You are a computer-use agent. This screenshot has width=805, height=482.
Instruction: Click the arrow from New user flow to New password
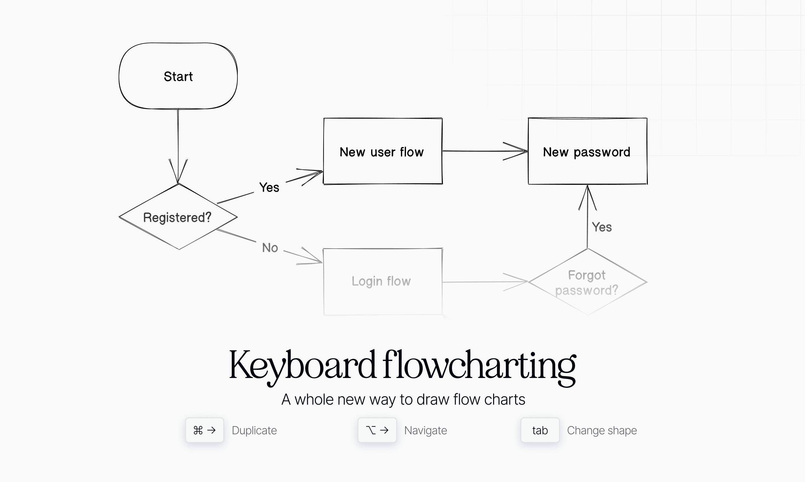(485, 151)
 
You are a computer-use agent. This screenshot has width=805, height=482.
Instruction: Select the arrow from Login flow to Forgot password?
(485, 282)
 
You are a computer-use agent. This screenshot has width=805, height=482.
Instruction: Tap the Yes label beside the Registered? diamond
(269, 187)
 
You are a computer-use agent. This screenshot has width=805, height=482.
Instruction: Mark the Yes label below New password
(602, 227)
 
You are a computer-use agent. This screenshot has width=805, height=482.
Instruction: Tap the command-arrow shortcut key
(204, 430)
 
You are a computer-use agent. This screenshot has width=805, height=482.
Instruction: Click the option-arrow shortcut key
(377, 430)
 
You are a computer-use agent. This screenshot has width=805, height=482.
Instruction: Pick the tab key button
(540, 430)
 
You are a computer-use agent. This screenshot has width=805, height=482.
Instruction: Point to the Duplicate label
(254, 431)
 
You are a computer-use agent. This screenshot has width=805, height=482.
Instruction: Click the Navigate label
(426, 431)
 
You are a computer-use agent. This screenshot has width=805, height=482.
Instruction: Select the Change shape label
(602, 431)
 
